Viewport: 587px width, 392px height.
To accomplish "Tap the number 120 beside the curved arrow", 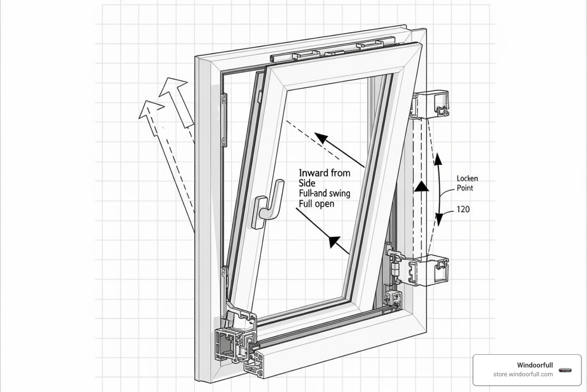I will [x=463, y=209].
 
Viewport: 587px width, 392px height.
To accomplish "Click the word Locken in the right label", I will [x=467, y=178].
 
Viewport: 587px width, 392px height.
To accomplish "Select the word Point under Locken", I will [x=465, y=188].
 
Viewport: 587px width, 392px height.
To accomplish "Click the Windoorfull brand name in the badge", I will [x=535, y=365].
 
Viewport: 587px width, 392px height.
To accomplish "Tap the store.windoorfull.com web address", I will [x=523, y=374].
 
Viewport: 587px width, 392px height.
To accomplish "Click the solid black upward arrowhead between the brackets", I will [x=422, y=186].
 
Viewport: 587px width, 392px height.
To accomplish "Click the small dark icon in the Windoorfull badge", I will [x=565, y=370].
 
